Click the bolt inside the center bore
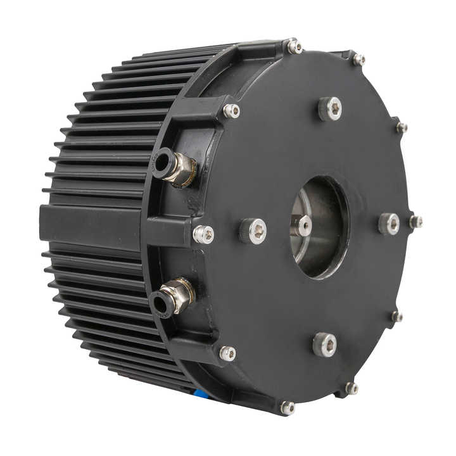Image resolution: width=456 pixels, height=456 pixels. coord(302,225)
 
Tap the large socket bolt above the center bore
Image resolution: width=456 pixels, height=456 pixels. coord(330,108)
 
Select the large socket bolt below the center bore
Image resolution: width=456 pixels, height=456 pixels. coord(324,345)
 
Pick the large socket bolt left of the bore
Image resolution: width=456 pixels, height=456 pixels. coord(253,231)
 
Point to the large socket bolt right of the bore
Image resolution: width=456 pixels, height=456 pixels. coord(389,224)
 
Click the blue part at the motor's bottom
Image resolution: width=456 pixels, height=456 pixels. coord(201,393)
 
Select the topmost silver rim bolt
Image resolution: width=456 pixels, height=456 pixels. coord(293,46)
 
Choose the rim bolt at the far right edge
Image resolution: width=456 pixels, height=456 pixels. coord(415,222)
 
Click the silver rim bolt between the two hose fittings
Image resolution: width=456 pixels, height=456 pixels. coord(203,234)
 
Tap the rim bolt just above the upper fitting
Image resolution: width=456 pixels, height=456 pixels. coord(232,111)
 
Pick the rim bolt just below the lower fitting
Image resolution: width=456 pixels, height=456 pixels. coord(227,353)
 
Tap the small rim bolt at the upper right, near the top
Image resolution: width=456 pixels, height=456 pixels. coord(359,60)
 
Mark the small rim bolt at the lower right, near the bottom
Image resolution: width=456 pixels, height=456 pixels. coord(351,388)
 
